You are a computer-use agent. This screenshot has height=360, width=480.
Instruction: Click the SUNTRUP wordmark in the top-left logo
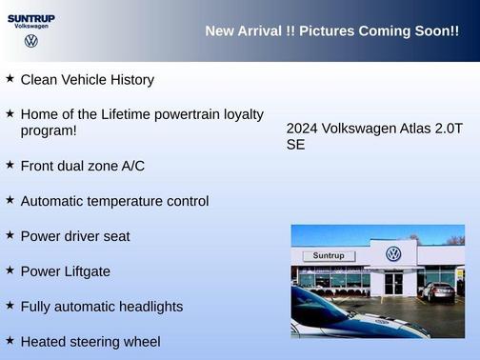[31, 17]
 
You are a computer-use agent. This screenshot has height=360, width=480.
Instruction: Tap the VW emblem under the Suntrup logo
[31, 42]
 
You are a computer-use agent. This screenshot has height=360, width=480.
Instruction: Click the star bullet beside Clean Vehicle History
[10, 79]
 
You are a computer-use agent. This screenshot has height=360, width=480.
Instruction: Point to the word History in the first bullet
[129, 80]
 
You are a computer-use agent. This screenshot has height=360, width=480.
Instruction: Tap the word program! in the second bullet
[49, 130]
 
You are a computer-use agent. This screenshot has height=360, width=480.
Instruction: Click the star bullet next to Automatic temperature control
[10, 200]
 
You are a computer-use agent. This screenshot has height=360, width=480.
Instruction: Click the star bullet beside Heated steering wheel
[10, 340]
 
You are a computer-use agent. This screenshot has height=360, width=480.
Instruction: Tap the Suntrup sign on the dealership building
[328, 256]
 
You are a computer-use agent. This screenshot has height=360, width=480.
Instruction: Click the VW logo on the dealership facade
[392, 254]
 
